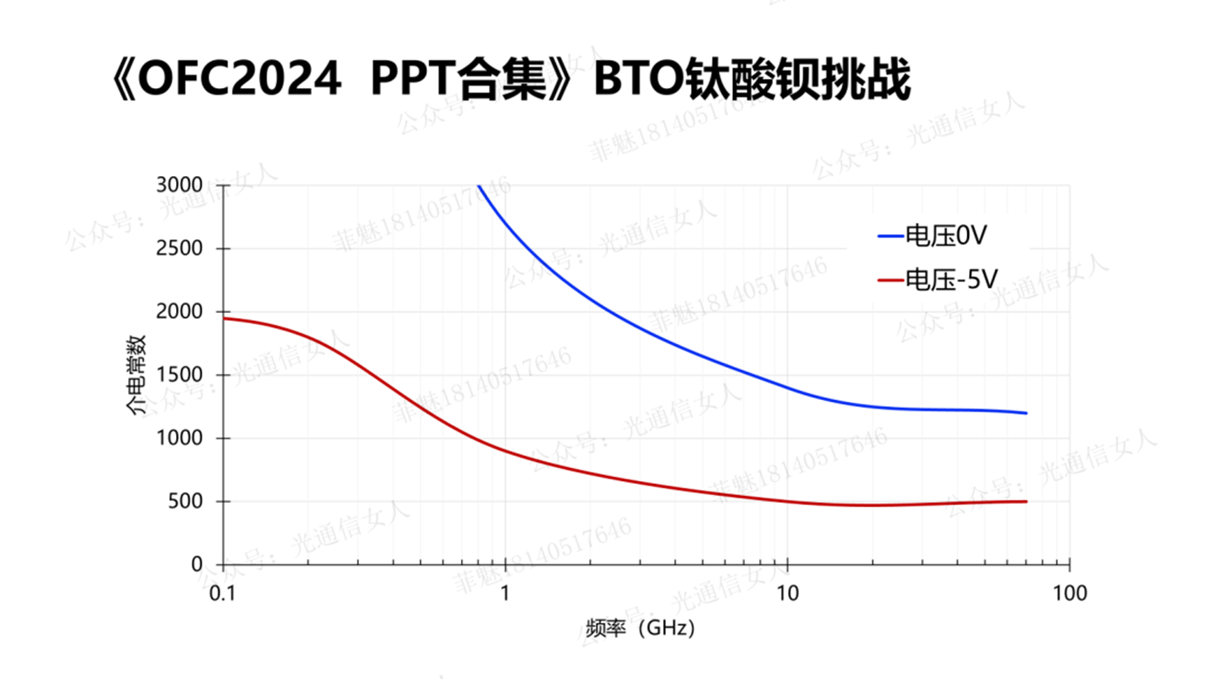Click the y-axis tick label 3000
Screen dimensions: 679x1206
pos(179,186)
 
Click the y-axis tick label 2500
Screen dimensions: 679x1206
pos(179,248)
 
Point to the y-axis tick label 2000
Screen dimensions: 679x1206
pos(179,312)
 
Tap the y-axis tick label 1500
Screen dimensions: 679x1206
pos(179,376)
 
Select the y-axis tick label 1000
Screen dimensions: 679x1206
pos(179,438)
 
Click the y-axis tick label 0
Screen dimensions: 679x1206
pos(196,565)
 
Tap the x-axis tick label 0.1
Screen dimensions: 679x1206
pos(223,594)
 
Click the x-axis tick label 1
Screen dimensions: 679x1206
pos(505,594)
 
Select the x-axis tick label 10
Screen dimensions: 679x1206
pos(788,594)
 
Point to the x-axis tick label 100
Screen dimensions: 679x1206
pos(1070,594)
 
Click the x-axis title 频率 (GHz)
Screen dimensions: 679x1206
pos(640,628)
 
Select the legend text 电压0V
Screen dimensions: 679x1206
pos(945,235)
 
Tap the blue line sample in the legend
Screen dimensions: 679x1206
pos(890,235)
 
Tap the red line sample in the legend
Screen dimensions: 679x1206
pos(890,280)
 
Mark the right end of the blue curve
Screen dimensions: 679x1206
pos(1026,413)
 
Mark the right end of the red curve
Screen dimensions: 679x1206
pos(1026,501)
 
